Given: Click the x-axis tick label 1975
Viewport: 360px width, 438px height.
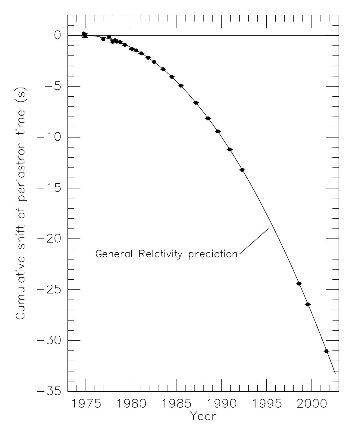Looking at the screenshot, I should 86,404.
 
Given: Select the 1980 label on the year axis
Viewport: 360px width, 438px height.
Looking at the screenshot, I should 131,404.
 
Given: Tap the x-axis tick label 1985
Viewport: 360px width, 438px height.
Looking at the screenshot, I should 176,404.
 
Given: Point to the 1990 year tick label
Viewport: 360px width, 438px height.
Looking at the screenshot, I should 221,404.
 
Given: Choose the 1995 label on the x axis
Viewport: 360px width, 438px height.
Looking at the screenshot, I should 267,404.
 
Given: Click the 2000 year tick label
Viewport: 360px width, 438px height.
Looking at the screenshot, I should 312,404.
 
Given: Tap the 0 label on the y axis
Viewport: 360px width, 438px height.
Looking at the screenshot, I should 58,36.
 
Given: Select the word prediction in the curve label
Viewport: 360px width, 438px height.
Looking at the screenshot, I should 213,254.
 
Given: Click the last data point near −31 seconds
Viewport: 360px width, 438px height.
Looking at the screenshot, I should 326,351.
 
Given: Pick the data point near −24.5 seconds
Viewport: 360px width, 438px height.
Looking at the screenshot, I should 299,284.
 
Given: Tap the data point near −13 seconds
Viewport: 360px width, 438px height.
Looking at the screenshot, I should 242,170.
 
